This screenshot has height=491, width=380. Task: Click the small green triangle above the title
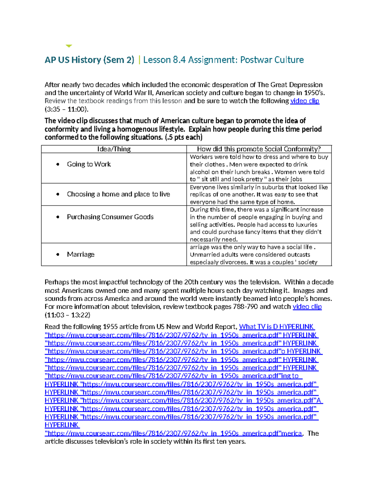pyautogui.click(x=69, y=46)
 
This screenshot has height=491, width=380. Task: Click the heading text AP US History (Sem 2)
pyautogui.click(x=89, y=60)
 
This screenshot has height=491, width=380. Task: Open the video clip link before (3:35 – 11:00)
pyautogui.click(x=305, y=101)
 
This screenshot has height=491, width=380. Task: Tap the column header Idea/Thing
pyautogui.click(x=114, y=149)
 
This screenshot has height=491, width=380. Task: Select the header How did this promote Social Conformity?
pyautogui.click(x=259, y=149)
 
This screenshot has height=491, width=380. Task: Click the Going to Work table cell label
pyautogui.click(x=89, y=164)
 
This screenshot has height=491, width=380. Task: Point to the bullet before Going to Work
pyautogui.click(x=58, y=164)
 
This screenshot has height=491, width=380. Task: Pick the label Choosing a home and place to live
pyautogui.click(x=118, y=194)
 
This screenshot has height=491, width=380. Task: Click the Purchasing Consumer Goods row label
pyautogui.click(x=110, y=217)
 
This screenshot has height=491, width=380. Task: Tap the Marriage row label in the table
pyautogui.click(x=81, y=255)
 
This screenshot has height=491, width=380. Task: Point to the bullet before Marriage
pyautogui.click(x=58, y=255)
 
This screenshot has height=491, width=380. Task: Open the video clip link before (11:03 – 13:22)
pyautogui.click(x=307, y=307)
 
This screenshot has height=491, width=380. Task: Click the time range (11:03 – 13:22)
pyautogui.click(x=67, y=315)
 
